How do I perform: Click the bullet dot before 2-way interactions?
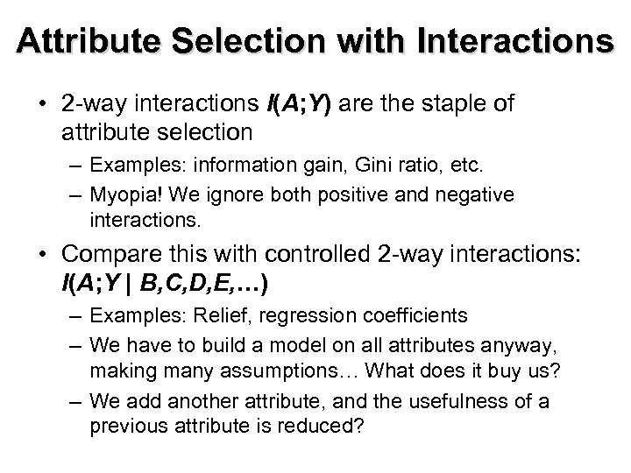coord(43,105)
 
